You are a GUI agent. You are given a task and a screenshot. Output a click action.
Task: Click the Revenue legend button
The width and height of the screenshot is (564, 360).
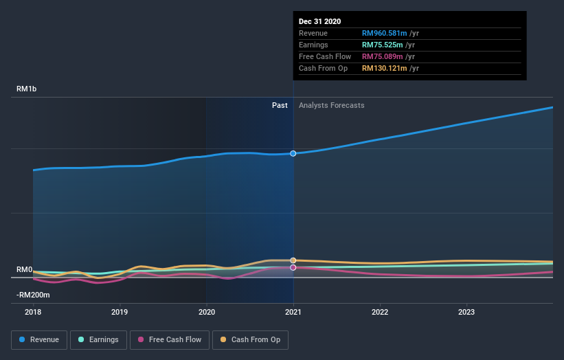coord(39,339)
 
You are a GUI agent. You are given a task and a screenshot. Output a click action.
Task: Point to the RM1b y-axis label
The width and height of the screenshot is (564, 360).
coord(27,89)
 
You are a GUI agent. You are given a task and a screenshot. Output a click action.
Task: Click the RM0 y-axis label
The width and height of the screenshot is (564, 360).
coord(25,269)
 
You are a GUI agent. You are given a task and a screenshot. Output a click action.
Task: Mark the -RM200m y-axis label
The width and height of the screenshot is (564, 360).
coord(33,295)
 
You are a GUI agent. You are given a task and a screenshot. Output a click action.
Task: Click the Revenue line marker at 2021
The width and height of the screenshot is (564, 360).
coord(293,153)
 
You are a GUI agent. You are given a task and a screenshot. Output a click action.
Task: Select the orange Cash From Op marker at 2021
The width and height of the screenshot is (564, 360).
coord(293,260)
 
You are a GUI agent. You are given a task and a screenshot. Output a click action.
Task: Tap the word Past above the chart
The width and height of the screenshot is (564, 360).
coord(280,105)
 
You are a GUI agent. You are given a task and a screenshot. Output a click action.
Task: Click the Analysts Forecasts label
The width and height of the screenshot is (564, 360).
coord(331,105)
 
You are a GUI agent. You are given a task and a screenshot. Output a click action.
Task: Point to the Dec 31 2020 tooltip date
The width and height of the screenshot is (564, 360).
coord(319,22)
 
